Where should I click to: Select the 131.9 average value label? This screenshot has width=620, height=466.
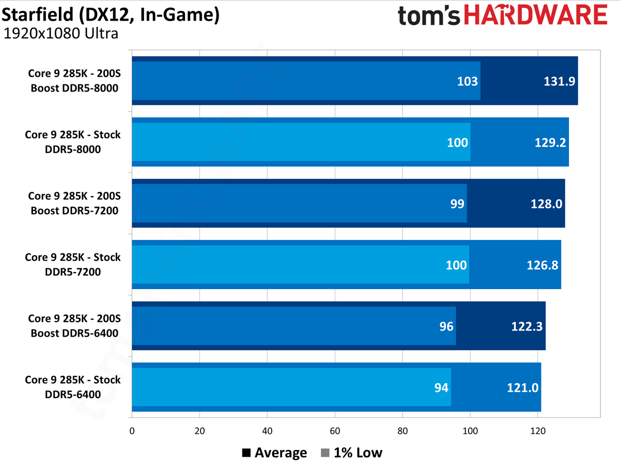pos(559,81)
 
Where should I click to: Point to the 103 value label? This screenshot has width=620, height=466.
pos(467,81)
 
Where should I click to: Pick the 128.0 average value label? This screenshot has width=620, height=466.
pos(546,204)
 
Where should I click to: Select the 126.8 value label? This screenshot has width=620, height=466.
pos(541,265)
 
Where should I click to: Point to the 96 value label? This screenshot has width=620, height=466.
pos(446,326)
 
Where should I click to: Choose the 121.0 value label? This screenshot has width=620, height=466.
pos(522,388)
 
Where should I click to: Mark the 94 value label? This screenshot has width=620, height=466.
pos(441,388)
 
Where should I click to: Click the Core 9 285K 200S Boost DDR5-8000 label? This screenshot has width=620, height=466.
pos(74,81)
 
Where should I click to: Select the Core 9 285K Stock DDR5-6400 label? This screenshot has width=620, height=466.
pos(72,387)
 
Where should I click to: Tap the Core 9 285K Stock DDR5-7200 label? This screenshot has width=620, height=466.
pos(72,265)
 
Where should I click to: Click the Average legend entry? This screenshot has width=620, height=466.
pos(274,453)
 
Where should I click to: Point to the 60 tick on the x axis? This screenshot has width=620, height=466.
pos(335,430)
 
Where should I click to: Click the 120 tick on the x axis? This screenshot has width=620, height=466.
pos(538,430)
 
